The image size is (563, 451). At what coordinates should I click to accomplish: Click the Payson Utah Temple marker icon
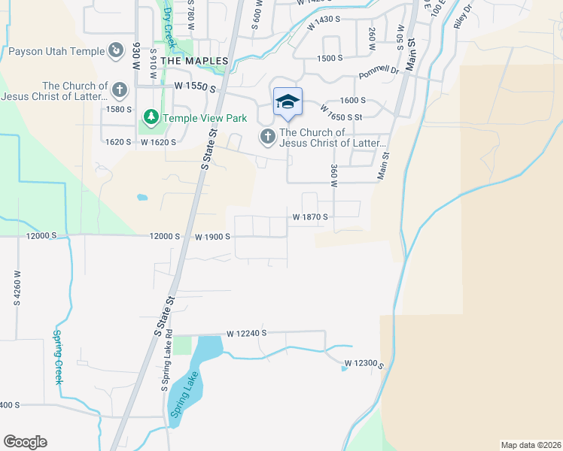click(116, 51)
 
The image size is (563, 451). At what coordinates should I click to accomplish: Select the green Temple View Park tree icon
click(151, 117)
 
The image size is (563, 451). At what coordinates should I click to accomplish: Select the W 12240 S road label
click(247, 332)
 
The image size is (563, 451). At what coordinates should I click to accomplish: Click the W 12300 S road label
click(364, 365)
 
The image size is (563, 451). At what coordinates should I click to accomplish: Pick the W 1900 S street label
click(212, 237)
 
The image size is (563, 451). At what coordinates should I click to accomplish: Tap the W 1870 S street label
click(311, 216)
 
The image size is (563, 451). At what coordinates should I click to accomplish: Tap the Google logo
click(25, 442)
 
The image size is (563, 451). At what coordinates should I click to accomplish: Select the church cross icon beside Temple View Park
click(119, 91)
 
